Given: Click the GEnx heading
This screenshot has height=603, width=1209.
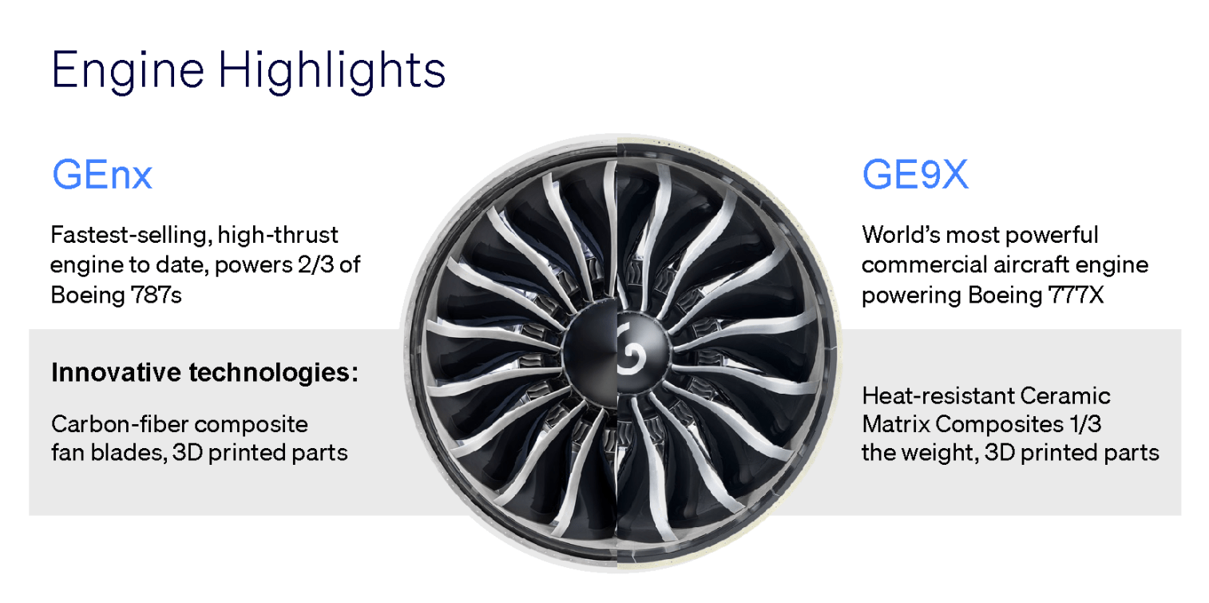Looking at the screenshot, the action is [102, 175].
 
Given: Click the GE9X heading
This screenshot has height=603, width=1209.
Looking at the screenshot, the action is [915, 174].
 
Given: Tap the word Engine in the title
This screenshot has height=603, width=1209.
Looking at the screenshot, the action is [128, 71].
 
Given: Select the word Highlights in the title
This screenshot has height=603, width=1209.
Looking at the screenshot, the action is [332, 71].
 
